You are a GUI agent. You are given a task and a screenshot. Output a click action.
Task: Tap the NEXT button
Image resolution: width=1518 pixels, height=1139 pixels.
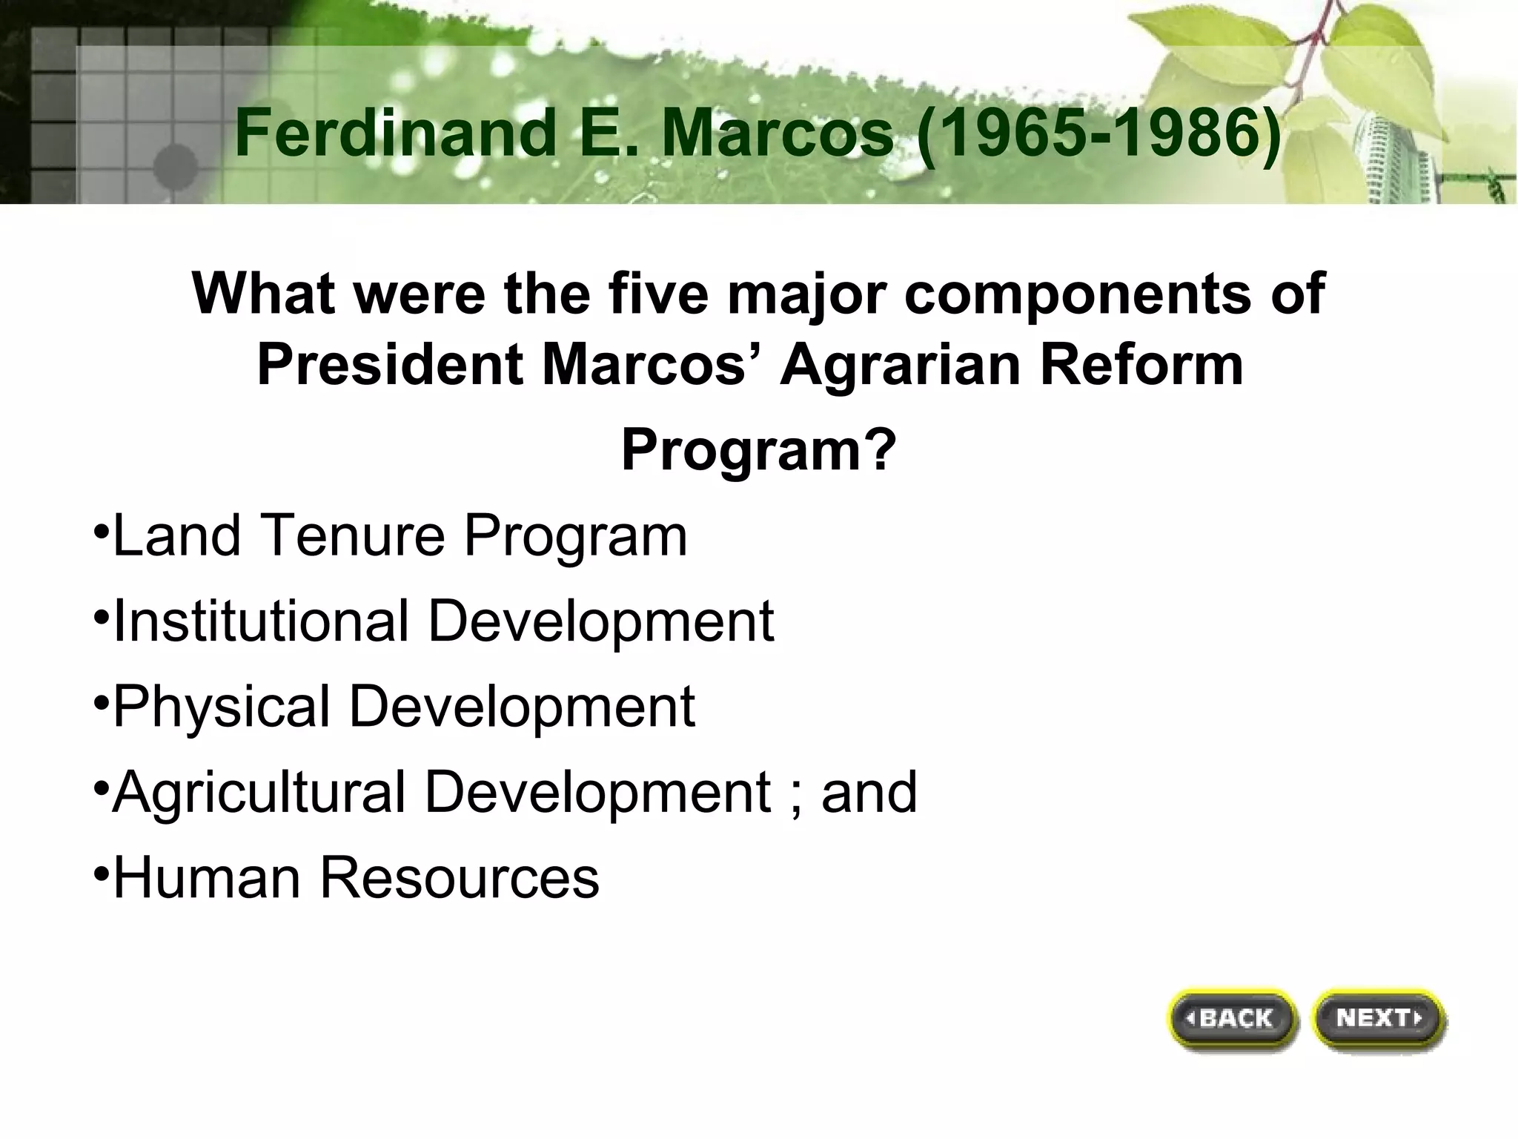point(1379,1019)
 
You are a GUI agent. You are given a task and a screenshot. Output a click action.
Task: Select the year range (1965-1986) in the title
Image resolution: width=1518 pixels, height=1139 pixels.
point(1099,133)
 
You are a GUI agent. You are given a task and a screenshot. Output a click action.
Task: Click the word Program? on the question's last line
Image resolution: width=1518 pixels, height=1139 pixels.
point(758,450)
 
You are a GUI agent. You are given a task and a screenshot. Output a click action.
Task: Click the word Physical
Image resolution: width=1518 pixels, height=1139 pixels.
point(222,706)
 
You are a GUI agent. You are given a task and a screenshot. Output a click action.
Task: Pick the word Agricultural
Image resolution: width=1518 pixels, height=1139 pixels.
point(259,792)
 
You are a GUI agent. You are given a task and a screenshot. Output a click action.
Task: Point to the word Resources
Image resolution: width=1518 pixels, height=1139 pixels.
point(459,877)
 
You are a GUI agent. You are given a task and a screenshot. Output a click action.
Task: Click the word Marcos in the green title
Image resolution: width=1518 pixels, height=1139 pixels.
point(778,133)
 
